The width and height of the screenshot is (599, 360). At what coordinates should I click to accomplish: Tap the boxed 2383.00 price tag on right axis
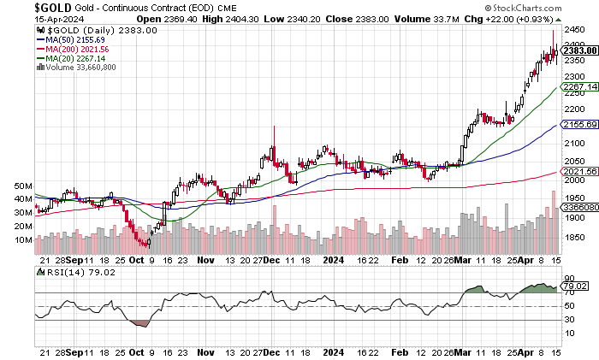coord(575,52)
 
